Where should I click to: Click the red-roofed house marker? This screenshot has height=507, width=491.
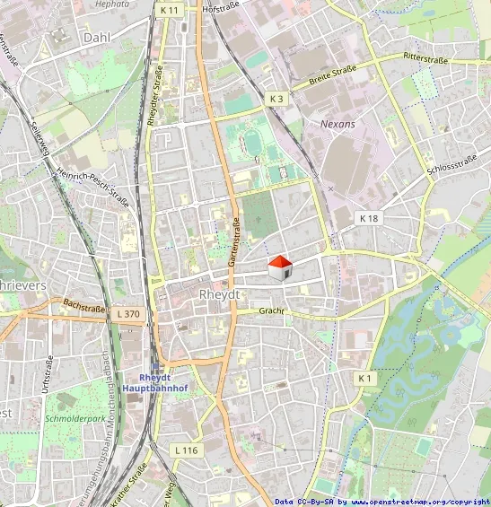(280, 267)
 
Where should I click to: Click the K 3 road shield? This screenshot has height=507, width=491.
(276, 98)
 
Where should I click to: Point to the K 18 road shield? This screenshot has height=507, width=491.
(369, 218)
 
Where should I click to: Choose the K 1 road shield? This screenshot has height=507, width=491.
(364, 379)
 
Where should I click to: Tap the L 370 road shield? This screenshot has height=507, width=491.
(129, 313)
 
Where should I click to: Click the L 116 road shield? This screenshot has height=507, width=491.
(186, 450)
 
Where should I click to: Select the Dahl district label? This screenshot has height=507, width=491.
(95, 38)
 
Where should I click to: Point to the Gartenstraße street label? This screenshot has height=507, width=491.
(233, 244)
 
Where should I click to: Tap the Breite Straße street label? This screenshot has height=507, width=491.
(332, 74)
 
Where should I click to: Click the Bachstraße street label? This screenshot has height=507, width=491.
(84, 307)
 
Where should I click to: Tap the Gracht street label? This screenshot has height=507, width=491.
(271, 310)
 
